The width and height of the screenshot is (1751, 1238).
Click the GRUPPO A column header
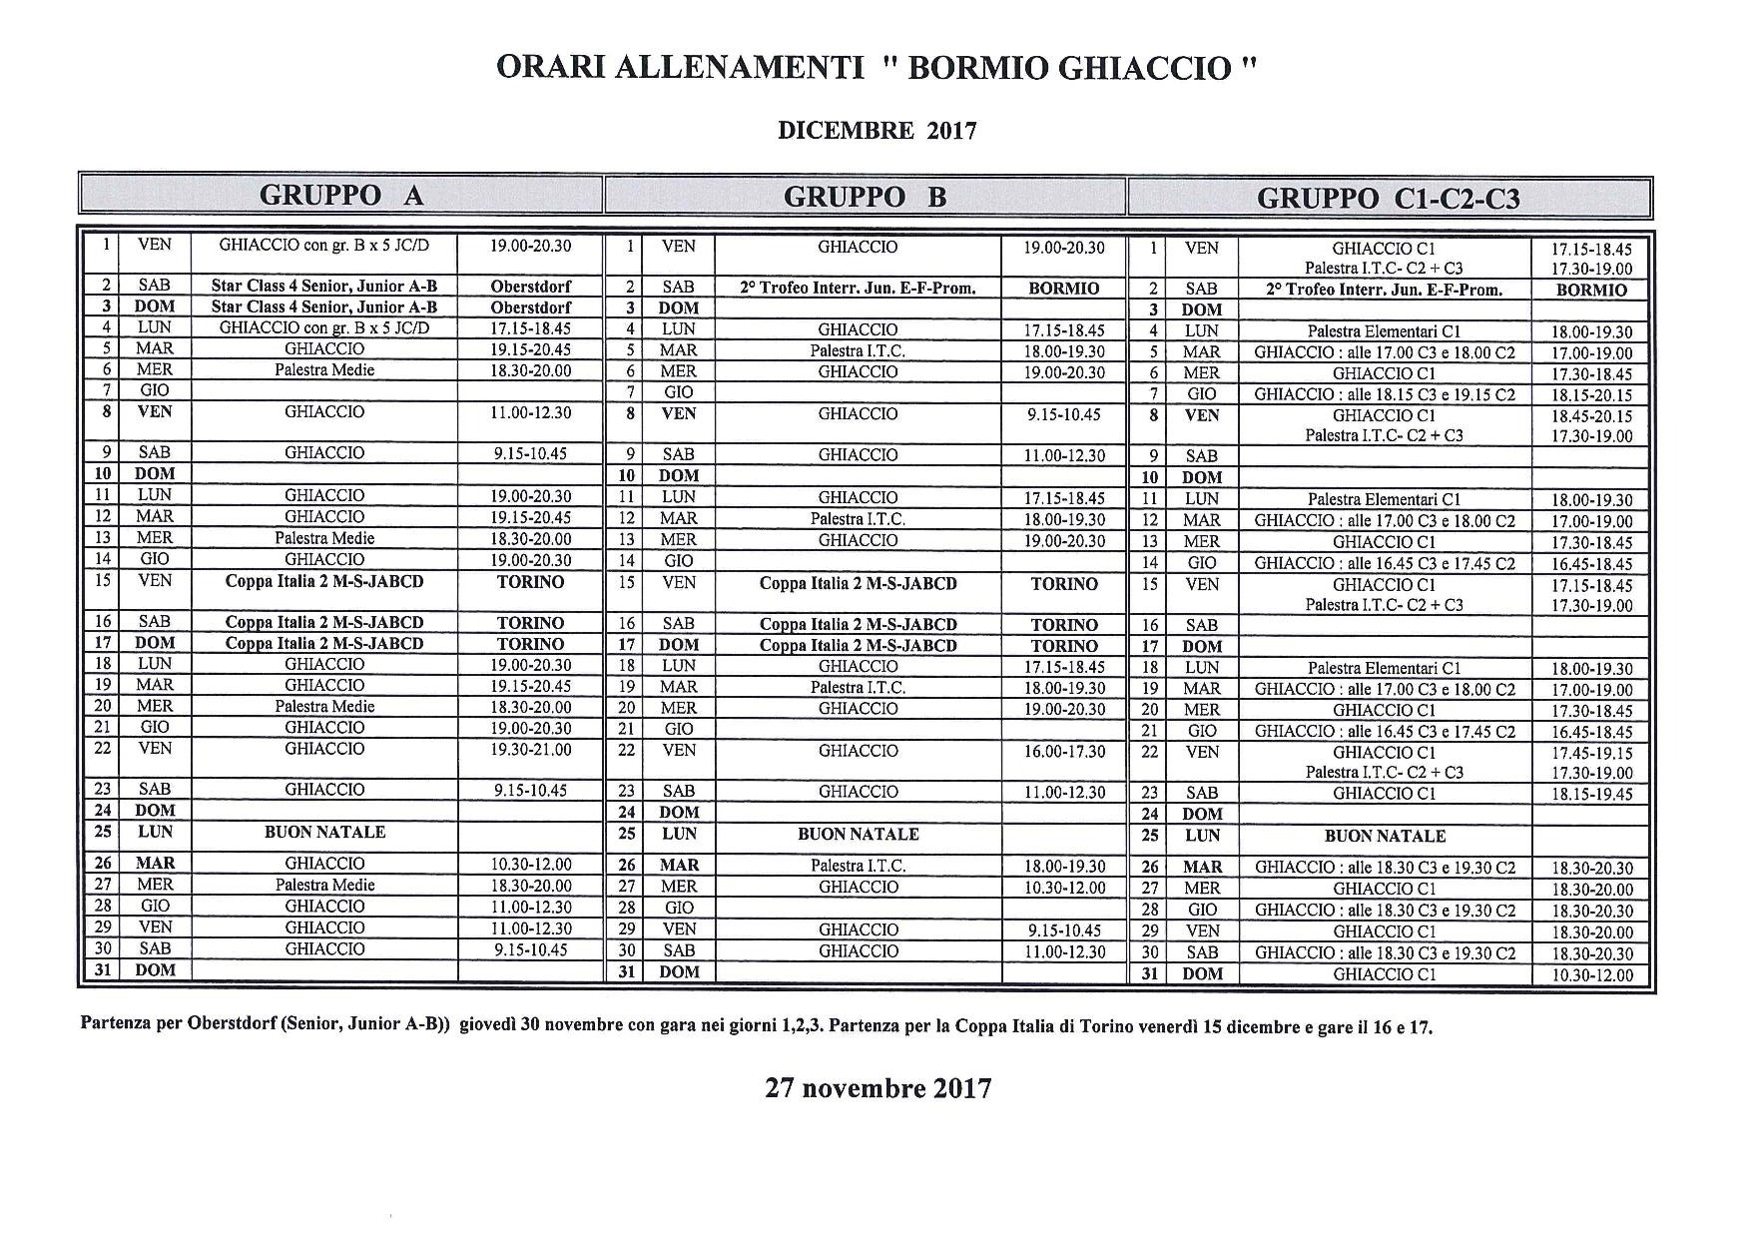pos(341,196)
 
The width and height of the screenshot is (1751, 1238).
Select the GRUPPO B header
pos(865,197)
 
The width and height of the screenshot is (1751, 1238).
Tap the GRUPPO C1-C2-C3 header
pos(1388,199)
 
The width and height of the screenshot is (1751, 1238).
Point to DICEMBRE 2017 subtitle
pos(876,130)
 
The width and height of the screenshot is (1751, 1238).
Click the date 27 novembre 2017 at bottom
pos(878,1087)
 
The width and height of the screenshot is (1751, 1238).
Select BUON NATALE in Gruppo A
pos(324,832)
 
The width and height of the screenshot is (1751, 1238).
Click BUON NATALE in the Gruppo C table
pos(1384,836)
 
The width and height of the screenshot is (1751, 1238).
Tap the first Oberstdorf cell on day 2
pos(530,287)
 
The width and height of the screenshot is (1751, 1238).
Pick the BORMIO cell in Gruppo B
pos(1063,289)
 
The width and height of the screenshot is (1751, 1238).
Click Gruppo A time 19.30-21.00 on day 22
pos(530,749)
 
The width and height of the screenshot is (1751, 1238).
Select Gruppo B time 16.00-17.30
pos(1063,751)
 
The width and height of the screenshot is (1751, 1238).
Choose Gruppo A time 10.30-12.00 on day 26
pos(530,864)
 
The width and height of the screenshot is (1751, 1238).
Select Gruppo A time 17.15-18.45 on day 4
pos(530,327)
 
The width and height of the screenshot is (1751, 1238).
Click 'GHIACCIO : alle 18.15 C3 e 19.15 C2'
pos(1384,394)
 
